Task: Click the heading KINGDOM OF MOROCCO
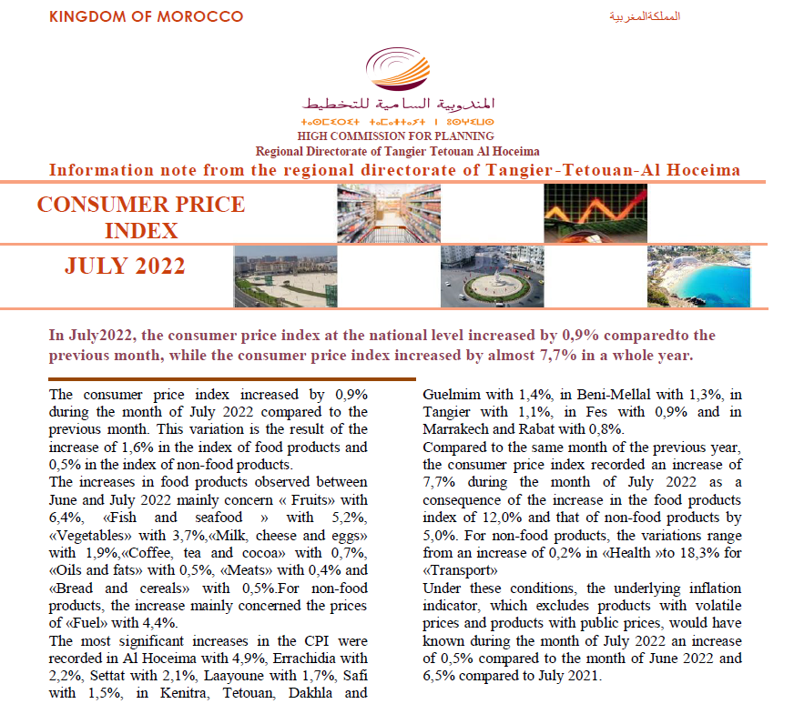[146, 16]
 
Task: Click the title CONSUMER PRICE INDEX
[140, 216]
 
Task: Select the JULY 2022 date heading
[126, 266]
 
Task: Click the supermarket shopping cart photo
[389, 214]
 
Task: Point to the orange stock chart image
[595, 214]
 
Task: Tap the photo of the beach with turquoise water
[698, 277]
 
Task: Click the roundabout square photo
[492, 277]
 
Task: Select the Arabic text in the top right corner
[645, 17]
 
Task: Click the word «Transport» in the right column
[459, 570]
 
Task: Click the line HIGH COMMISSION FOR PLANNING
[397, 137]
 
